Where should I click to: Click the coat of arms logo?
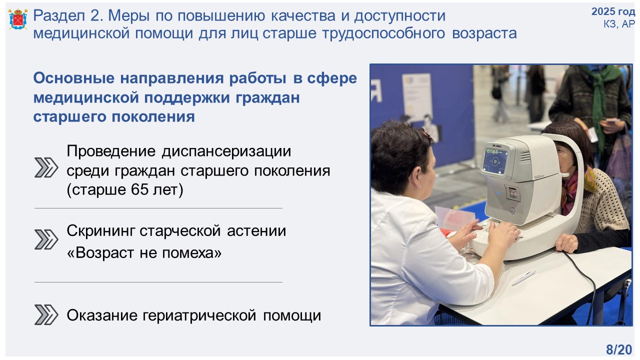click(18, 19)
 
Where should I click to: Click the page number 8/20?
click(619, 349)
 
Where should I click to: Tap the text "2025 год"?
click(613, 11)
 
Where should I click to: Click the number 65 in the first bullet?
click(139, 189)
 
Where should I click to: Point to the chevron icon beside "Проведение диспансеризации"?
click(46, 167)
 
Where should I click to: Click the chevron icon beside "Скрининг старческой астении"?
click(46, 239)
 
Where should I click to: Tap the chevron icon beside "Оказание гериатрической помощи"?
click(46, 314)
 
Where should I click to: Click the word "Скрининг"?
click(101, 231)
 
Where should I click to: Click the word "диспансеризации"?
click(226, 151)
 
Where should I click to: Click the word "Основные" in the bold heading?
click(74, 77)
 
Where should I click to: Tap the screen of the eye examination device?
click(495, 161)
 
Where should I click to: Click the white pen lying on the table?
click(523, 277)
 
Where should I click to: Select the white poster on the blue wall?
click(417, 96)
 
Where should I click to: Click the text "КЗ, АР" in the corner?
click(619, 24)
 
